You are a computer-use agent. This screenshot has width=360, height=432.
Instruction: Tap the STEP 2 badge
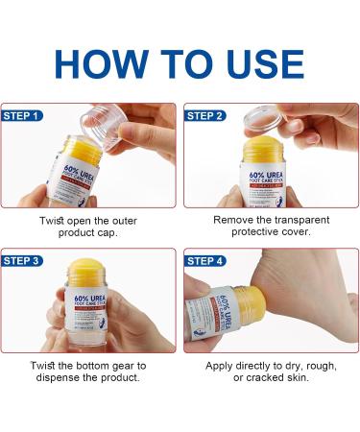pyautogui.click(x=206, y=116)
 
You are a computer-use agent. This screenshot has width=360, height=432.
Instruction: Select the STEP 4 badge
pyautogui.click(x=206, y=260)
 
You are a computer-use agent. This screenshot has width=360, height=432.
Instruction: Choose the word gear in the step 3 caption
pyautogui.click(x=124, y=365)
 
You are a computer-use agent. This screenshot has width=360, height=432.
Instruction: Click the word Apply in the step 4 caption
pyautogui.click(x=223, y=365)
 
